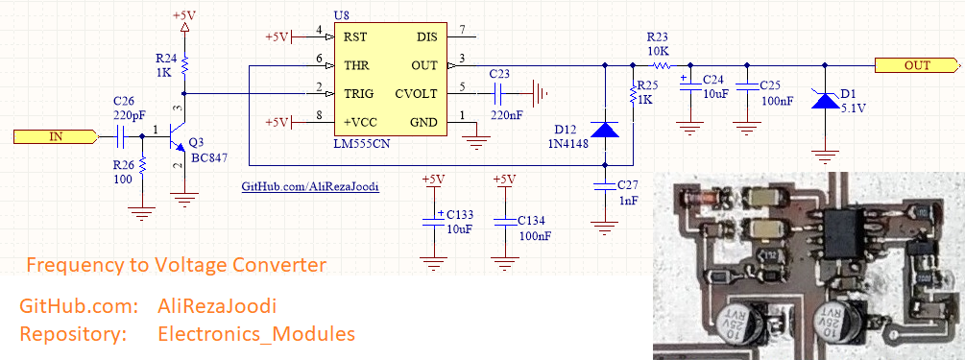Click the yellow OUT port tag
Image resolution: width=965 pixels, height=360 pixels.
point(917,65)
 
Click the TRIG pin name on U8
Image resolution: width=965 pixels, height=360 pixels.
point(358,94)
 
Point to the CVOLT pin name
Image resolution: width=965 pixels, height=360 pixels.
point(416,94)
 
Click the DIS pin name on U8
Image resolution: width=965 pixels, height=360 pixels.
point(427,36)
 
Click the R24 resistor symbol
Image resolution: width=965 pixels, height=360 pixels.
point(184,64)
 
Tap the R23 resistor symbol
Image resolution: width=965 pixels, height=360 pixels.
point(661,65)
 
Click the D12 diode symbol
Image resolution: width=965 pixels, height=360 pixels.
point(604,130)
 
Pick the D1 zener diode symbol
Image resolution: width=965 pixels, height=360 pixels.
point(825,100)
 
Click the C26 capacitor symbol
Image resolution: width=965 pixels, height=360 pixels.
point(121,136)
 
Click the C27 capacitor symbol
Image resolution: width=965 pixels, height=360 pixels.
point(604,186)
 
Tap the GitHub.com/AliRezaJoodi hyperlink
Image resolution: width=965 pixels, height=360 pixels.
point(309,187)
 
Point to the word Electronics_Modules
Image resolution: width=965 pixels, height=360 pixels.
point(256,334)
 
